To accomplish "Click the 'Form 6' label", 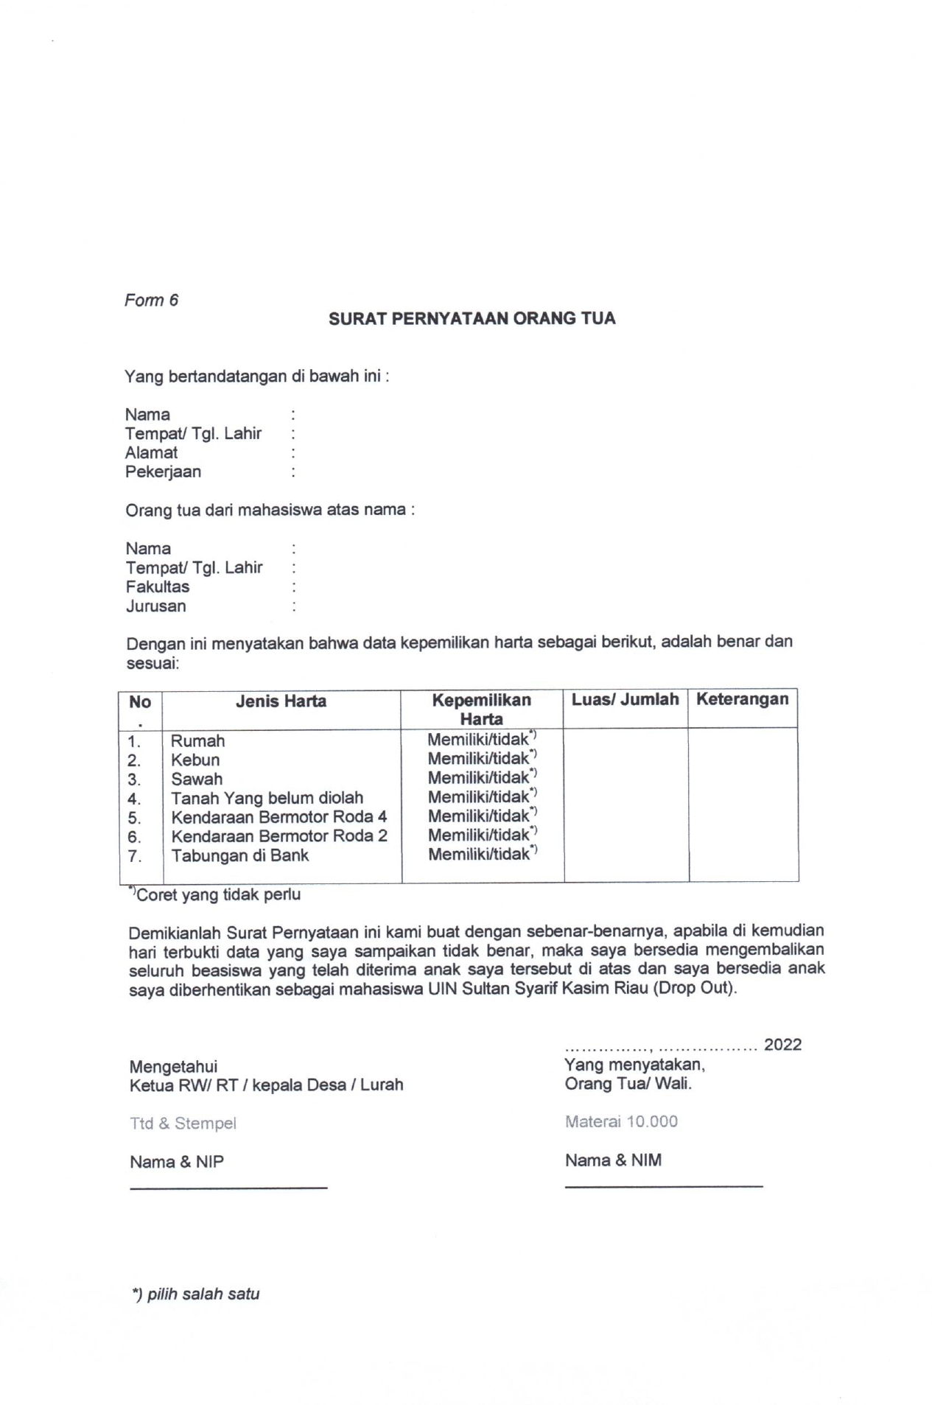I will (151, 300).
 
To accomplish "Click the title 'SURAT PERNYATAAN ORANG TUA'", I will (472, 318).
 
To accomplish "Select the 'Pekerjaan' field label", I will (163, 472).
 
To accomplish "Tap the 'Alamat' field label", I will (151, 452).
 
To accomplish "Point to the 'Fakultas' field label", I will (157, 586).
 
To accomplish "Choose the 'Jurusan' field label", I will (155, 606).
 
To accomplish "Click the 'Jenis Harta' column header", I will (281, 701).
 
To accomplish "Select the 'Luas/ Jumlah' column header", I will (625, 699).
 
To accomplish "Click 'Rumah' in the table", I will (197, 740).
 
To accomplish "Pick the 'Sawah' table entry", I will (197, 779).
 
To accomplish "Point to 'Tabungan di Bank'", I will (240, 855).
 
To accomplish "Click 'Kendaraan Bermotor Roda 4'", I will (278, 817).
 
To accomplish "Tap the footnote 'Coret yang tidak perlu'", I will (218, 894).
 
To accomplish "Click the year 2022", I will (782, 1044).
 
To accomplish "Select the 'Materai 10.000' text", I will (621, 1121).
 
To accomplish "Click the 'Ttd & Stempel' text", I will (183, 1124).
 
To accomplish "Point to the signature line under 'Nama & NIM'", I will (663, 1185).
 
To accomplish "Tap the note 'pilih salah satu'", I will (196, 1294).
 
